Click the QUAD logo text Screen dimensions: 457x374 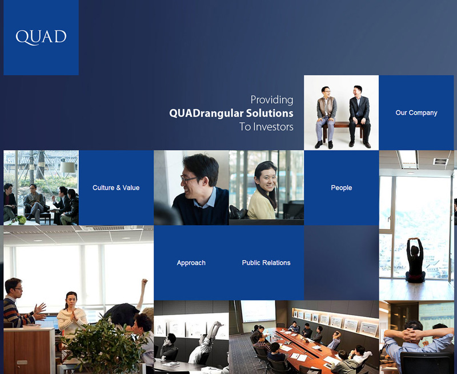pos(41,37)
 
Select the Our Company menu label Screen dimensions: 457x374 pos(416,113)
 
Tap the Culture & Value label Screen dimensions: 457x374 pos(116,188)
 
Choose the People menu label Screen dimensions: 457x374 pos(341,188)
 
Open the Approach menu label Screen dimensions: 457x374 pos(191,263)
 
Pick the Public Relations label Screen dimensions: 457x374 pos(266,263)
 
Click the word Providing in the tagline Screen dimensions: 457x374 pos(272,100)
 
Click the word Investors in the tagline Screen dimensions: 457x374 pos(273,127)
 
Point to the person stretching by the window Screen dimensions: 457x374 pos(415,261)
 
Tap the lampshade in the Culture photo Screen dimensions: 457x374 pos(67,167)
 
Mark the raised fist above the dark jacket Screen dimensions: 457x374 pos(144,282)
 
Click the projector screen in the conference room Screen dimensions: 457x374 pos(258,311)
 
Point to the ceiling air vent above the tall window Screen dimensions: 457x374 pos(440,161)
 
